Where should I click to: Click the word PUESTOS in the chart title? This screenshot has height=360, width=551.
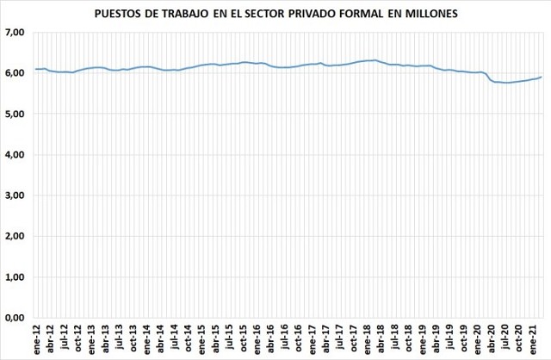coord(141,13)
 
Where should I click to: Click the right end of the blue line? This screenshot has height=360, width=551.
coord(541,77)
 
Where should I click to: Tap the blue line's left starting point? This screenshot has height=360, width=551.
coord(35,69)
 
